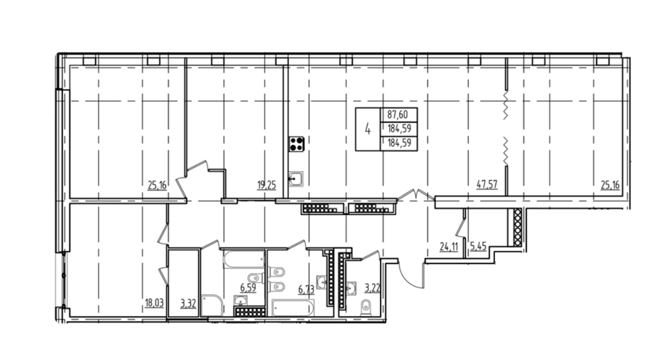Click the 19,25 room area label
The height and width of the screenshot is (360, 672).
[x=267, y=185]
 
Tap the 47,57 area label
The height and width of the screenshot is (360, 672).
[x=488, y=184]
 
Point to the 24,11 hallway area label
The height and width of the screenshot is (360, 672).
[x=449, y=247]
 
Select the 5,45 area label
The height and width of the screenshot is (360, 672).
[x=479, y=247]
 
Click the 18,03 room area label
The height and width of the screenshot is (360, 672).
[x=155, y=304]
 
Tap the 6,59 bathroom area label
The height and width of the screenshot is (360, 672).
[x=248, y=288]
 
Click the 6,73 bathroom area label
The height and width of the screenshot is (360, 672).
[x=306, y=290]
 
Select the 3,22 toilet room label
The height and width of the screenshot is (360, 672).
[x=373, y=288]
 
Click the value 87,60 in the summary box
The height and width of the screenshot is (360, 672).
[x=396, y=115]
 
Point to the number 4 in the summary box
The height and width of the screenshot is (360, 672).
[x=367, y=128]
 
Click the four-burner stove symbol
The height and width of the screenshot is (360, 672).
[x=296, y=144]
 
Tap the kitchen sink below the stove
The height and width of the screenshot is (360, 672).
[x=296, y=179]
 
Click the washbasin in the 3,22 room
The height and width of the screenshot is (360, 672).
[x=352, y=289]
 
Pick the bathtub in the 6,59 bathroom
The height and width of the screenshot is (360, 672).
[x=244, y=260]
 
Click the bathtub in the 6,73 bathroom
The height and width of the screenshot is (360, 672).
[x=293, y=308]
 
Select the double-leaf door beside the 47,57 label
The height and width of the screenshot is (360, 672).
[x=416, y=195]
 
